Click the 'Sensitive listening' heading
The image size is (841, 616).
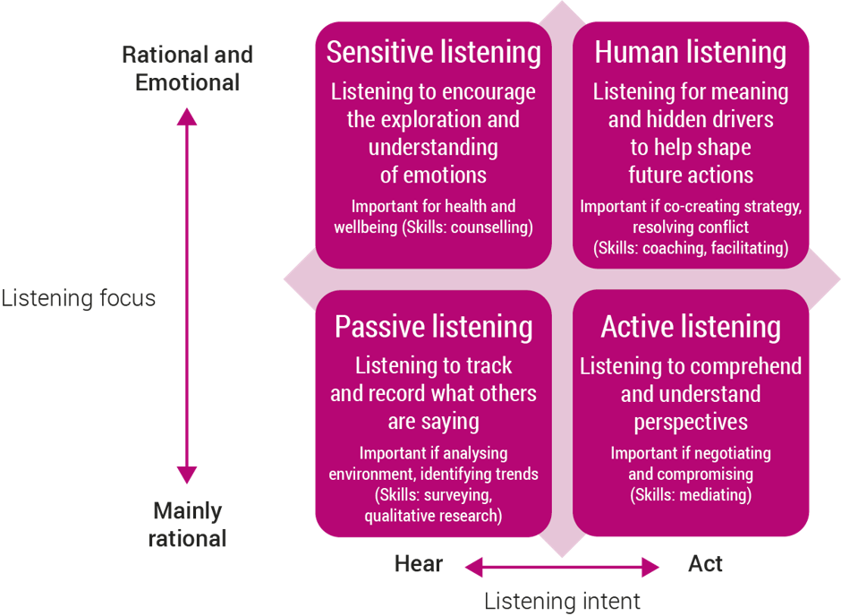point(433,53)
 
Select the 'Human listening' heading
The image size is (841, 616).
point(691,53)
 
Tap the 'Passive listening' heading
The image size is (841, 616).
point(433,327)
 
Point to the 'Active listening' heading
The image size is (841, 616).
point(691,327)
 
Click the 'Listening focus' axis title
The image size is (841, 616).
point(79,298)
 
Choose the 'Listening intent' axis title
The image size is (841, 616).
point(562,601)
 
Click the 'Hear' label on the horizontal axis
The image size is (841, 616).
point(419,564)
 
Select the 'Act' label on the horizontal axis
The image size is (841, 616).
point(705,564)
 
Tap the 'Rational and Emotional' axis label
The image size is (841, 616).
point(187,69)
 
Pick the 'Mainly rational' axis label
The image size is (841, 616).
point(187,525)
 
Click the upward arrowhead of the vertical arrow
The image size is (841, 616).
point(187,116)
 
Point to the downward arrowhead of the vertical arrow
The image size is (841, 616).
point(187,475)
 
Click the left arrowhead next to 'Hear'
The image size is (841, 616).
point(474,567)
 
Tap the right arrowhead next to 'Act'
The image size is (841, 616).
point(650,567)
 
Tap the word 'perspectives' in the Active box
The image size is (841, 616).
point(691,423)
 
